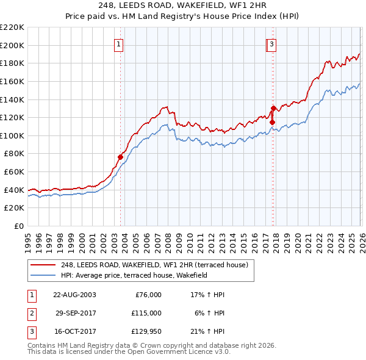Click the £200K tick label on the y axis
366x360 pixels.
pyautogui.click(x=12, y=45)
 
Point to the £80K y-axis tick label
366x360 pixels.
pyautogui.click(x=14, y=154)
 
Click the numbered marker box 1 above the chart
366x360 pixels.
pyautogui.click(x=119, y=43)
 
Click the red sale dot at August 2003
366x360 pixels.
pyautogui.click(x=120, y=157)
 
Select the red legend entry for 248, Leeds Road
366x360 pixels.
pyautogui.click(x=154, y=265)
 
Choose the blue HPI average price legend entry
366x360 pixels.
pyautogui.click(x=134, y=275)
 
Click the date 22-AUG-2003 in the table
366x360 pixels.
pyautogui.click(x=74, y=295)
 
